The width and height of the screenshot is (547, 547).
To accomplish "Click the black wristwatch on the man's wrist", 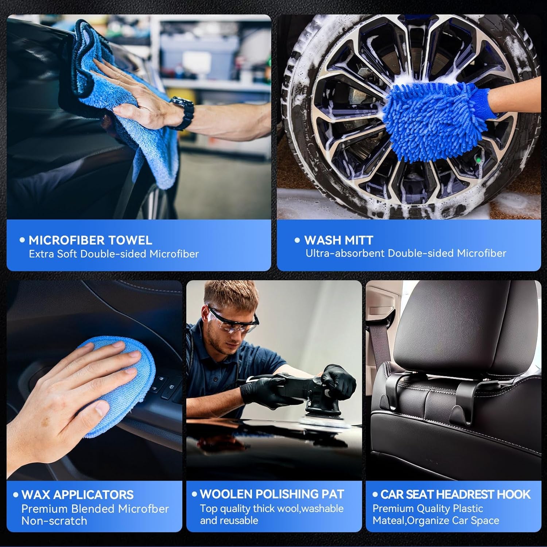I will coord(183,112).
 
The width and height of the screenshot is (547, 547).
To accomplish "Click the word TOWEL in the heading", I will coord(130,240).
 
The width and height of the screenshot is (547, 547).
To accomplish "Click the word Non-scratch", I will coord(54,521).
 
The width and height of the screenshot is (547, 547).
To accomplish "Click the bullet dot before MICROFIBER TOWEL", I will coord(23,240).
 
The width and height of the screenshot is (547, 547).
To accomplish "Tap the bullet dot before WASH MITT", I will coord(297,240).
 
